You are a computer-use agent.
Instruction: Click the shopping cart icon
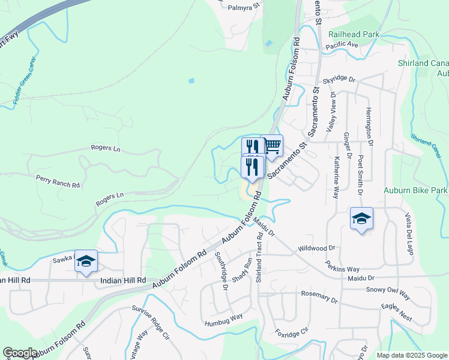272,145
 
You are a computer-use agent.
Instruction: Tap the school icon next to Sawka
85,261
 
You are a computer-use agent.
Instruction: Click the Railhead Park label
354,35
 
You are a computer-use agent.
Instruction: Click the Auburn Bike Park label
416,190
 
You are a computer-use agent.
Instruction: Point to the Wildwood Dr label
316,248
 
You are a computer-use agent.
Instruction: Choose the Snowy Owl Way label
388,289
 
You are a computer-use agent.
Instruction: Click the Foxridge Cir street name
291,331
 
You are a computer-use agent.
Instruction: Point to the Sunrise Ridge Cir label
151,322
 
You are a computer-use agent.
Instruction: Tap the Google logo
19,353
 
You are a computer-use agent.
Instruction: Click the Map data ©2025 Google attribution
412,355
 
